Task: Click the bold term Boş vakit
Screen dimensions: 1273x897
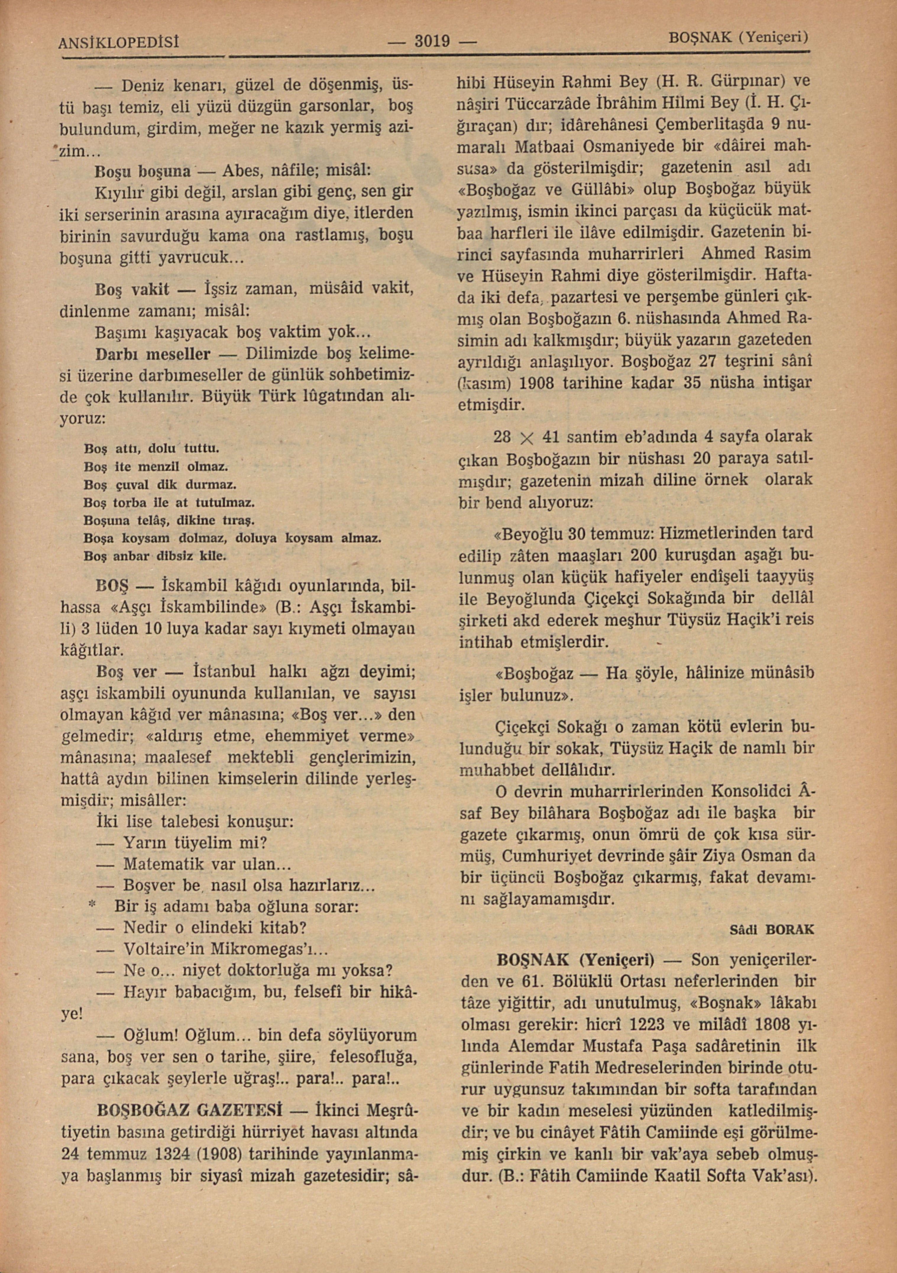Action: click(132, 289)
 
